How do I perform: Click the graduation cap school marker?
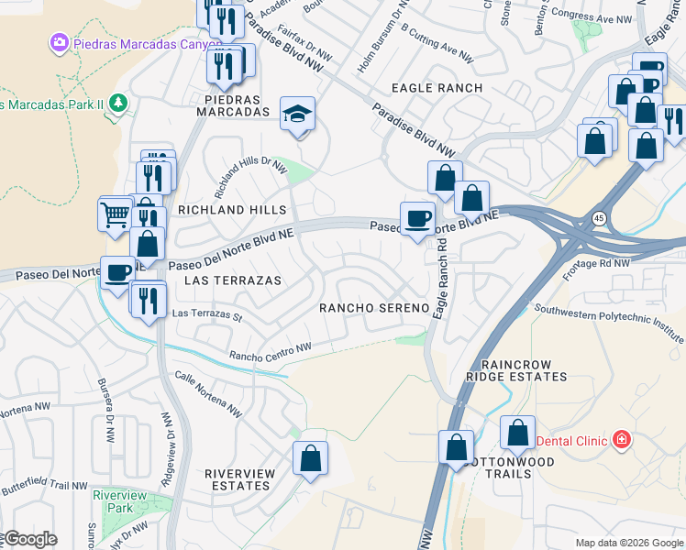[x=297, y=114]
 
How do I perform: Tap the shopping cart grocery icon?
[x=116, y=214]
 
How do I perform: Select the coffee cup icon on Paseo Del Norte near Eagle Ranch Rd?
[x=417, y=218]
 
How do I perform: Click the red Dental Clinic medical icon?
[x=623, y=440]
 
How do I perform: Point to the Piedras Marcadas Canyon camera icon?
[x=61, y=42]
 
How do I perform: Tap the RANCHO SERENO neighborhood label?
[x=374, y=308]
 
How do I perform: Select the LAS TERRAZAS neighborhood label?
[x=233, y=280]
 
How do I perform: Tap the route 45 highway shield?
[x=598, y=218]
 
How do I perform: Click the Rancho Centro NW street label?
[x=271, y=351]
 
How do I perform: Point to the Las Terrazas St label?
[x=206, y=316]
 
